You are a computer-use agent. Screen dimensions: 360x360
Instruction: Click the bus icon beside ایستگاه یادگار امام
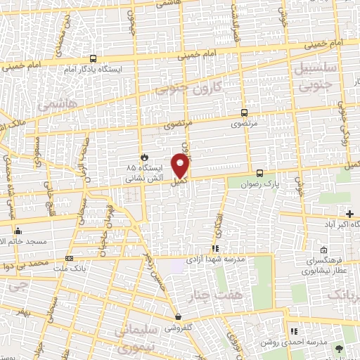pyautogui.click(x=94, y=59)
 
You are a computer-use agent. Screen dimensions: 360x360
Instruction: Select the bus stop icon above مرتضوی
pyautogui.click(x=244, y=112)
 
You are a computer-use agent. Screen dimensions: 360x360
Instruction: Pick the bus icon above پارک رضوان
pyautogui.click(x=259, y=173)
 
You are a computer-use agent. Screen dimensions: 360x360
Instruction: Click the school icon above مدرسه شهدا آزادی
pyautogui.click(x=215, y=248)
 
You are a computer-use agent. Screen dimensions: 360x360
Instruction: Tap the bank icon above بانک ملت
pyautogui.click(x=69, y=259)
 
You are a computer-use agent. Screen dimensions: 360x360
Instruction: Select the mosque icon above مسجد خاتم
pyautogui.click(x=18, y=231)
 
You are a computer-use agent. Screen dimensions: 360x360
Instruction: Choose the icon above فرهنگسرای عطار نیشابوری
pyautogui.click(x=323, y=250)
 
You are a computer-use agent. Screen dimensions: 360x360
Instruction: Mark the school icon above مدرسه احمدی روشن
pyautogui.click(x=294, y=331)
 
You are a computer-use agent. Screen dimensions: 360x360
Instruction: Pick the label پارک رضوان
pyautogui.click(x=266, y=184)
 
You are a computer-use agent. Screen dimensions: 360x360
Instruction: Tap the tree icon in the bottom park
pyautogui.click(x=340, y=349)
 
